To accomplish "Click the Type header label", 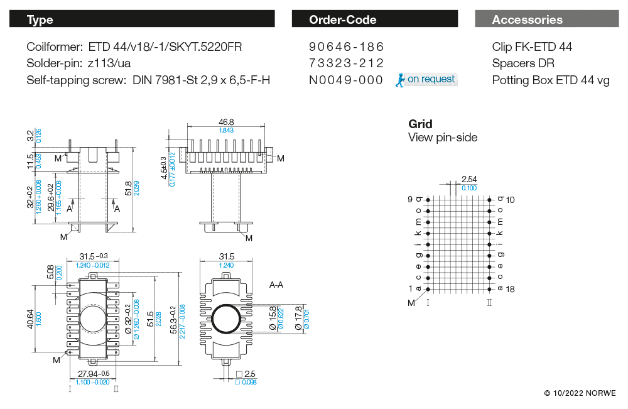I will (x=40, y=19).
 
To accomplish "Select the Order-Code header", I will (x=342, y=19).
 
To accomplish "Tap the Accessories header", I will (x=527, y=19).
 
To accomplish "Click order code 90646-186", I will (x=346, y=47).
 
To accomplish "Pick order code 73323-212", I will (x=346, y=63).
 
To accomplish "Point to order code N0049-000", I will (x=346, y=80).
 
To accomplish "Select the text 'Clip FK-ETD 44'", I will (x=532, y=47).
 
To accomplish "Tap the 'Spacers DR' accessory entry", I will (x=523, y=63).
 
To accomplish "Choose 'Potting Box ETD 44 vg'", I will (x=550, y=80).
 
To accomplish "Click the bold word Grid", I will (x=420, y=124).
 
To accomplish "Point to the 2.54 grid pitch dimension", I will (x=469, y=180).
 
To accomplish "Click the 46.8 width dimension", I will (x=226, y=122).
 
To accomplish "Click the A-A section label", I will (x=277, y=285).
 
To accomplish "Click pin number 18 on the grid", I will (x=511, y=289).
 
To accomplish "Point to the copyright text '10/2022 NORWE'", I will (x=580, y=393).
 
